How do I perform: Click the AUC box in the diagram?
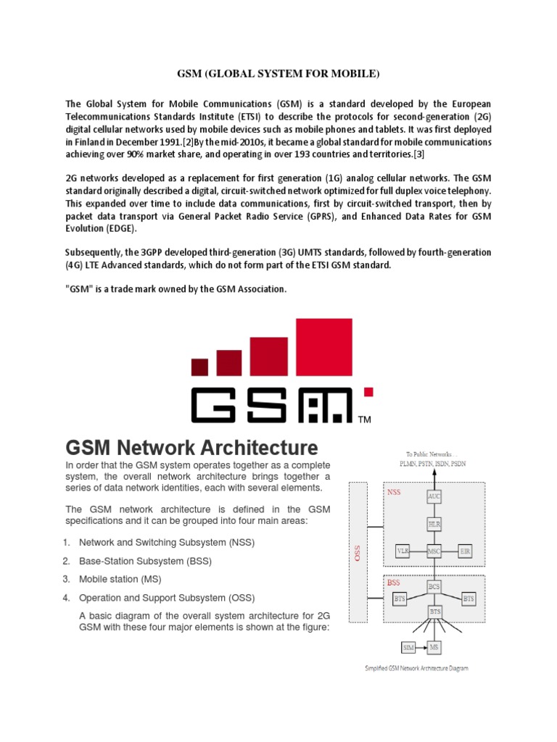click(434, 496)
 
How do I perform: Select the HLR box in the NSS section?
click(434, 522)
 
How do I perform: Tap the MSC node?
click(434, 551)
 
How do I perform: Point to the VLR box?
click(403, 551)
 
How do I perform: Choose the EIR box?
click(466, 551)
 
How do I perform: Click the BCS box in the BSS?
click(434, 585)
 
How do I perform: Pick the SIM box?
click(408, 645)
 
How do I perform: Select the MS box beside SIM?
click(434, 645)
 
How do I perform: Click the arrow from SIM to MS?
click(421, 645)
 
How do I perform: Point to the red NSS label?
click(394, 491)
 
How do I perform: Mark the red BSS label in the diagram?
click(393, 582)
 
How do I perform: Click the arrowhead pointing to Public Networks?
click(434, 472)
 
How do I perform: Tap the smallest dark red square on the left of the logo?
click(199, 367)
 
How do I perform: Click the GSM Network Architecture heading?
click(192, 446)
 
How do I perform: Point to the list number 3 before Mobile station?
click(66, 579)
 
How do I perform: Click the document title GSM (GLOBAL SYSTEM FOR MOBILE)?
click(279, 75)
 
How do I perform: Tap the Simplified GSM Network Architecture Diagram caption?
click(416, 668)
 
